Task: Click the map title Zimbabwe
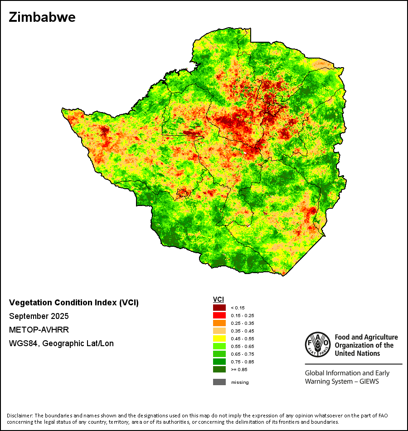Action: [42, 18]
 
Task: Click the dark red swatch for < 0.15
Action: [219, 308]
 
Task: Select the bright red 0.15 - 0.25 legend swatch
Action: [219, 315]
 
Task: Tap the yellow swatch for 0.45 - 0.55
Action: [219, 338]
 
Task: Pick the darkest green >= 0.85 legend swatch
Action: [219, 369]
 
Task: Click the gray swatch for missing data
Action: [219, 382]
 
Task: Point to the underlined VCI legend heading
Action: [219, 299]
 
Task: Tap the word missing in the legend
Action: [240, 382]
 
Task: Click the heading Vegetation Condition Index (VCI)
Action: [74, 303]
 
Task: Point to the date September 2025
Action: [39, 316]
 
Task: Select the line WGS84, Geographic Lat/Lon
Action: [61, 343]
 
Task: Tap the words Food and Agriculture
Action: [366, 337]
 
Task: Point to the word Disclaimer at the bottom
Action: [19, 416]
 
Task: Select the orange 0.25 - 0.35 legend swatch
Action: [219, 323]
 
